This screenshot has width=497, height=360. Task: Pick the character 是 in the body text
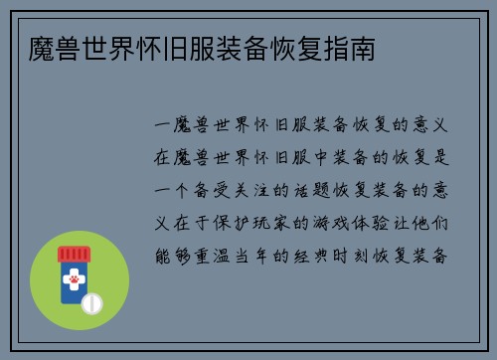click(x=443, y=158)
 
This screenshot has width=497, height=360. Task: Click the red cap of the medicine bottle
click(x=73, y=254)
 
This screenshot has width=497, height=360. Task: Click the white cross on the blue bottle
click(x=74, y=272)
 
